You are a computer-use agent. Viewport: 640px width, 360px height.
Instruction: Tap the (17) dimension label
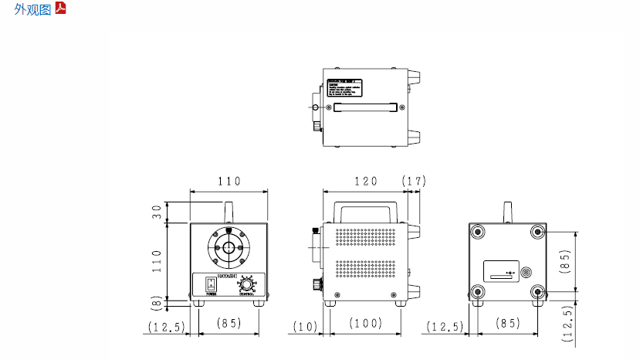click(x=415, y=182)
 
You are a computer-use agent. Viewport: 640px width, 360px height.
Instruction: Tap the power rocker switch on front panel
click(x=210, y=284)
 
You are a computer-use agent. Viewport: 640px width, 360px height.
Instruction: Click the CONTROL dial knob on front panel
click(x=248, y=284)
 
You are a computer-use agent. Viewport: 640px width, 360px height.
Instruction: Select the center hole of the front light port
click(x=229, y=247)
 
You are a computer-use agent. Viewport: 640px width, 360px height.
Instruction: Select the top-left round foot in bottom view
click(x=479, y=232)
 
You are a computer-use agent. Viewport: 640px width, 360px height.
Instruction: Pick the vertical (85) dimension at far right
click(x=565, y=261)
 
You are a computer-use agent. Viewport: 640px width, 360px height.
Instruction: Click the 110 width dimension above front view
click(x=229, y=182)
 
